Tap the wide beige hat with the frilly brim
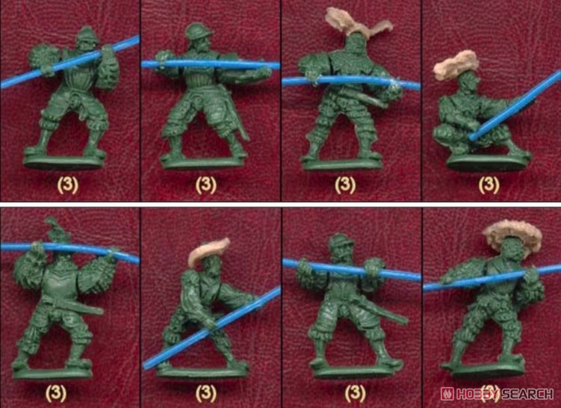pos(512,235)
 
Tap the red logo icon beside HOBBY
pos(447,394)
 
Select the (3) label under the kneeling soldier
pos(489,185)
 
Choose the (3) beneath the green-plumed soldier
pos(56,394)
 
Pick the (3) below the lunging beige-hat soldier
pos(205,394)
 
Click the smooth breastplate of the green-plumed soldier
pos(59,282)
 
